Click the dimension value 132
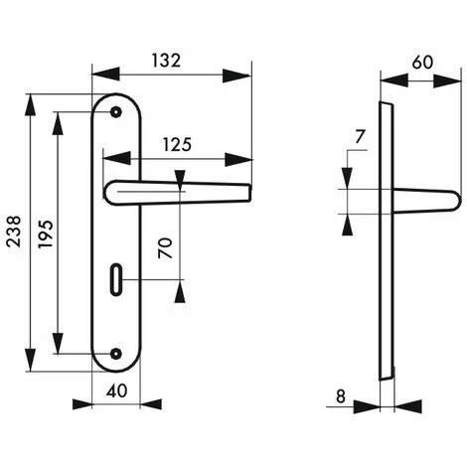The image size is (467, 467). click(x=167, y=60)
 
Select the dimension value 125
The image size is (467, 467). click(x=177, y=144)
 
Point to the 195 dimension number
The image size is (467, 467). click(x=45, y=233)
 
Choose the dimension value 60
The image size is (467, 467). click(x=422, y=62)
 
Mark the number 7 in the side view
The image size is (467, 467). click(x=360, y=136)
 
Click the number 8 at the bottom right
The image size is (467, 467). click(x=341, y=396)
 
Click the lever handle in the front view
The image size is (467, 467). click(x=179, y=189)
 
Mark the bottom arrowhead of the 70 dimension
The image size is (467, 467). click(x=180, y=292)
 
